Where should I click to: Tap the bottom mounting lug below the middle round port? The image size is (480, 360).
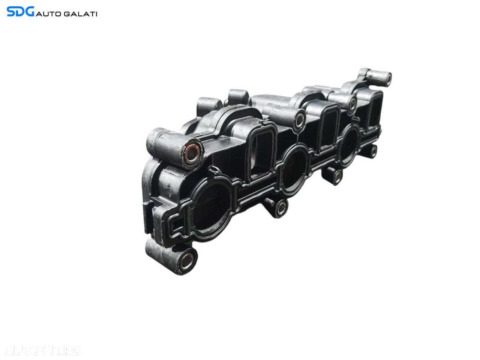[x=281, y=207]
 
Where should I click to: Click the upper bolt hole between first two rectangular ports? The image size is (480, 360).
[x=300, y=120]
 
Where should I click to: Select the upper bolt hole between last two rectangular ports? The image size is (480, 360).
[x=353, y=102]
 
